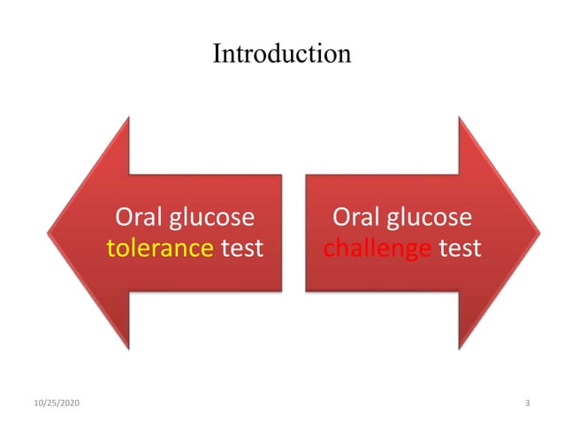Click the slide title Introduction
point(281,53)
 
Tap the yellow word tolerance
point(159,248)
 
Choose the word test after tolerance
point(241,248)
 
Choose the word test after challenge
point(460,248)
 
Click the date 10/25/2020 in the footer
point(55,403)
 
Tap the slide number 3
point(527,403)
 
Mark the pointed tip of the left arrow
point(50,233)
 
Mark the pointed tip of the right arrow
point(538,233)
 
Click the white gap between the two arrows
point(293,233)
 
